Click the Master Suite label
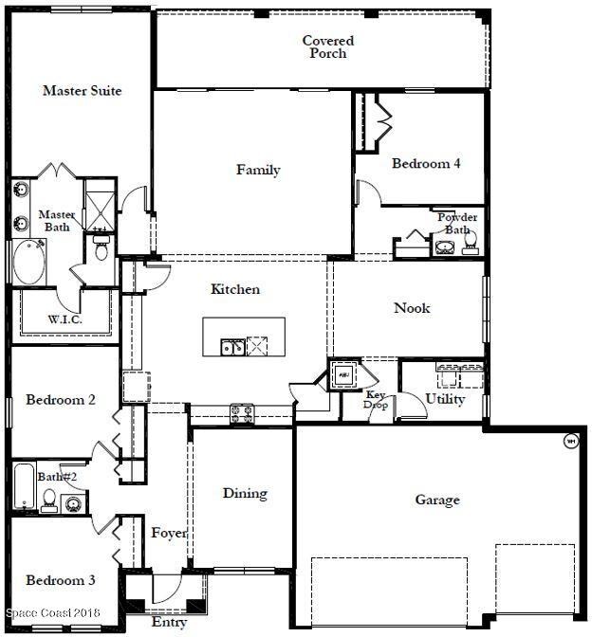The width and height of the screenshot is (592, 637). (x=83, y=91)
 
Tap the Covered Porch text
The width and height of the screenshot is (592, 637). (x=328, y=47)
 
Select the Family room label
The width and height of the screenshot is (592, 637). (x=258, y=171)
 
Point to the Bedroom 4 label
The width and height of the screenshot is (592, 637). (x=426, y=164)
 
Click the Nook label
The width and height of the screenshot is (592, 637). (x=412, y=308)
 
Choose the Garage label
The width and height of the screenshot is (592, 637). (x=437, y=500)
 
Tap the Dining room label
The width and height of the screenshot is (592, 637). (x=245, y=493)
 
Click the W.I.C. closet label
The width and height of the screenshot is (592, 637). (x=65, y=320)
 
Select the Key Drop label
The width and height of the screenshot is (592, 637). (x=377, y=399)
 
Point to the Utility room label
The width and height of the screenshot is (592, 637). (x=445, y=399)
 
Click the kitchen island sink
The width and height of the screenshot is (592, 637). (x=231, y=347)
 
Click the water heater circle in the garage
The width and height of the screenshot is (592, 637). (x=571, y=440)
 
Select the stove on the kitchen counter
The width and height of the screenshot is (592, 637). (x=241, y=412)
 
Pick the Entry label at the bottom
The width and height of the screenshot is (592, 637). (x=169, y=623)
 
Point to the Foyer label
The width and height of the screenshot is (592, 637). (x=169, y=533)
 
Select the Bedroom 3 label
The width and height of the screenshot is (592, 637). (x=61, y=580)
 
